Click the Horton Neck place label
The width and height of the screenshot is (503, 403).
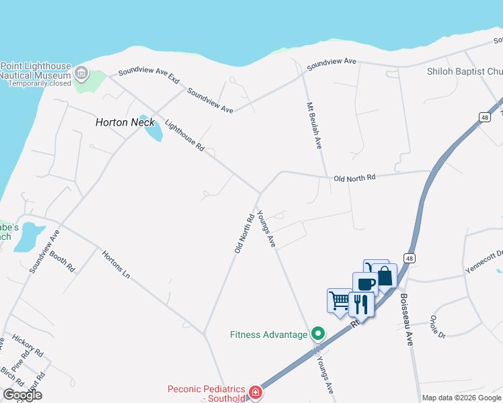(x=125, y=122)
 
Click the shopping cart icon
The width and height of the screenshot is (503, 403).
(x=340, y=299)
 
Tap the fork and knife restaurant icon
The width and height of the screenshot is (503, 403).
(x=361, y=304)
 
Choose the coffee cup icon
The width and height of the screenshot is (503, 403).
(x=365, y=283)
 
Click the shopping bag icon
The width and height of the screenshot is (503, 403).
(x=384, y=275)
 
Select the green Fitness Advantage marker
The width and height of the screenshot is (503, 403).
(x=317, y=334)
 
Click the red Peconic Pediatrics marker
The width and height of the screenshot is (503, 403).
(x=255, y=392)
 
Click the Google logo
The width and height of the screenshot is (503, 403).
(x=22, y=395)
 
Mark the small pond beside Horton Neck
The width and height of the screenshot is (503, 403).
(x=153, y=132)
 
